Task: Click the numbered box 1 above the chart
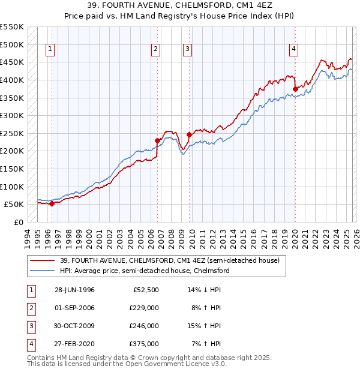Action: tap(50, 49)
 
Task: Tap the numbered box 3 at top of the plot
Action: tap(187, 49)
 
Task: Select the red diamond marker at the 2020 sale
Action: tap(295, 89)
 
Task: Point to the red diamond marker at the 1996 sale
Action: tap(52, 203)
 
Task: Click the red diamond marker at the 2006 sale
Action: tap(158, 141)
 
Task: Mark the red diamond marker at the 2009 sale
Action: tap(189, 135)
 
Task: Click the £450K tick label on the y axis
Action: tap(11, 62)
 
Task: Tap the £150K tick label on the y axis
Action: tap(11, 169)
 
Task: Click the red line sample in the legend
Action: tap(43, 260)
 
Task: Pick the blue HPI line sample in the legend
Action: tap(43, 271)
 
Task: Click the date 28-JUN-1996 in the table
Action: tap(74, 290)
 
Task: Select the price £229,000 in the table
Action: tap(143, 308)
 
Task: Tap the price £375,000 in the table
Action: tap(143, 344)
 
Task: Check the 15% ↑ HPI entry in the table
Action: tap(206, 326)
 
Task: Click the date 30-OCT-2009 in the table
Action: tap(74, 326)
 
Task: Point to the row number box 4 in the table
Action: tap(31, 344)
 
